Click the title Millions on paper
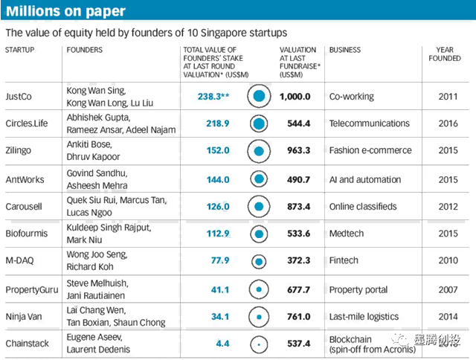coord(65,11)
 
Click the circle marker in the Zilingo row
coord(259,151)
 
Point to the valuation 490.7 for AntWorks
coord(295,179)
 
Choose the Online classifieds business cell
coord(363,206)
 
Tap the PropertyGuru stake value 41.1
coord(217,289)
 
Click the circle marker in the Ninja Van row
coord(259,316)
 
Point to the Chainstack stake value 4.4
coord(220,344)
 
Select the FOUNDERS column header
coord(85,50)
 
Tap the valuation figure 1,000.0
coord(295,96)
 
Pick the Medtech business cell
coord(348,234)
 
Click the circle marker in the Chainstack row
coord(259,344)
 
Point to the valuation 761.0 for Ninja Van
coord(295,316)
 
